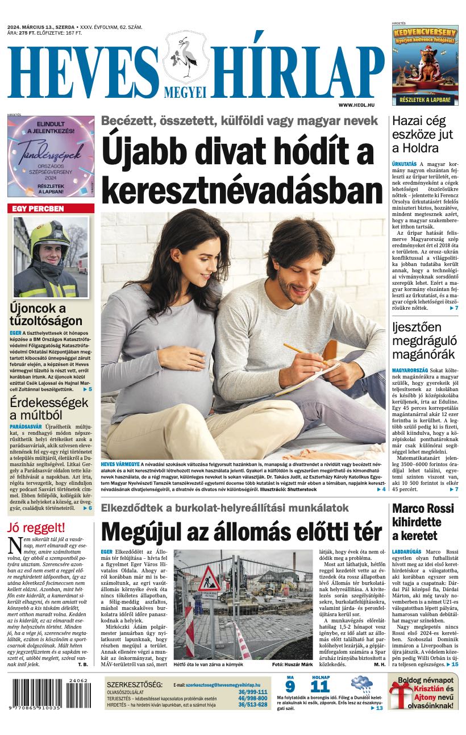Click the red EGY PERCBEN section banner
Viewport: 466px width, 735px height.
[x=51, y=209]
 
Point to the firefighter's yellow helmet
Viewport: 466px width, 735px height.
[x=45, y=233]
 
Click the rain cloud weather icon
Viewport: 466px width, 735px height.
[x=361, y=684]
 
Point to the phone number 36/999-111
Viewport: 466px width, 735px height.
[x=253, y=692]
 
